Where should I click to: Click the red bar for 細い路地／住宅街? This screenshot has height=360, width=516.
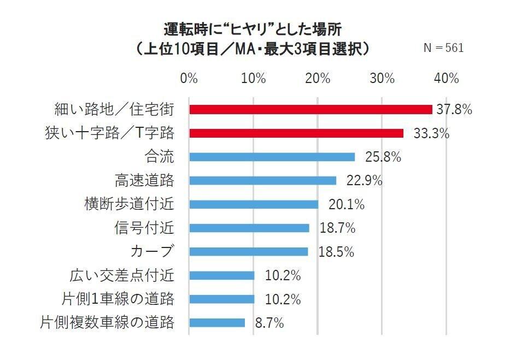point(310,110)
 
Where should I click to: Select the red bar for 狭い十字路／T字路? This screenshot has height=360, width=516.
point(296,133)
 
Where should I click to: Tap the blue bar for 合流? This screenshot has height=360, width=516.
point(272,157)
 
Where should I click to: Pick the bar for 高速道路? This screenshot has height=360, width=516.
point(262,181)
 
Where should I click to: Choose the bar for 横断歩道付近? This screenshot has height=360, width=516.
point(254,204)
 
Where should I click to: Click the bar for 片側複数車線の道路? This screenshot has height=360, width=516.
point(217,323)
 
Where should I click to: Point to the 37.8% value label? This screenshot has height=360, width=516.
point(454,110)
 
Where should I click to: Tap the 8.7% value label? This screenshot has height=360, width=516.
point(269,323)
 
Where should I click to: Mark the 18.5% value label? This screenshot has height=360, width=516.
point(336,252)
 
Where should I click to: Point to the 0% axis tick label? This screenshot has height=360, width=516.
point(189,78)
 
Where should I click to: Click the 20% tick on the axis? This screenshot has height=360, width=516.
point(318,78)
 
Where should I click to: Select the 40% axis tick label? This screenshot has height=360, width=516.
point(446,78)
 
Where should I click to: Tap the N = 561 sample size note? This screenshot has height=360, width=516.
point(443,48)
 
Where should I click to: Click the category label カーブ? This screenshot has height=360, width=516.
point(153,252)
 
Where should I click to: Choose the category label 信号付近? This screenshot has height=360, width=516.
point(144,228)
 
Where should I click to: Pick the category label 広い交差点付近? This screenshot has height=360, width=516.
point(122,275)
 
